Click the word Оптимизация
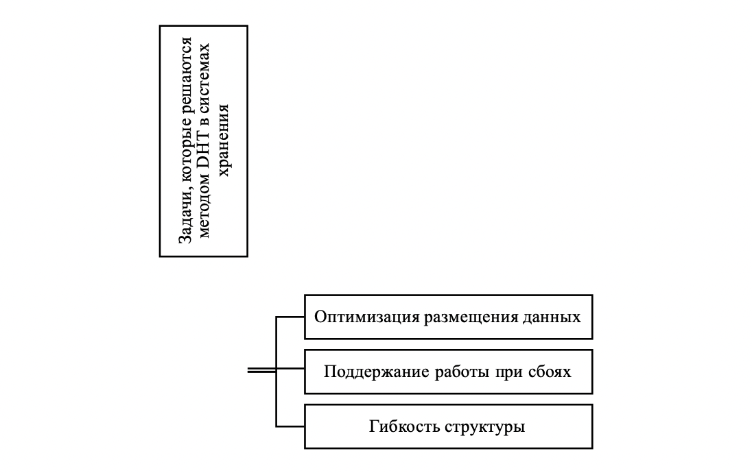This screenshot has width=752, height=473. (355, 317)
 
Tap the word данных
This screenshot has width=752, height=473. (552, 317)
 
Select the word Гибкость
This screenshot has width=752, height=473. (400, 426)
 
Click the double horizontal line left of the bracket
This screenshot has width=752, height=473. (261, 371)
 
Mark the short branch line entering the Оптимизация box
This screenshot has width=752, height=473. (290, 317)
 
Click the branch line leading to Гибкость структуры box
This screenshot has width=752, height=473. (290, 426)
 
